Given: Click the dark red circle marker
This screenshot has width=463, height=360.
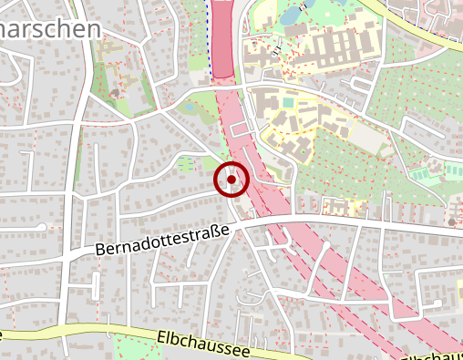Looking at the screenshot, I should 231,180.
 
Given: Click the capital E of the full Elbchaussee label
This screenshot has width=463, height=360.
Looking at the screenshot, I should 161,336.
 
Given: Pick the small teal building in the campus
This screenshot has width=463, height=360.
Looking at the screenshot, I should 289,102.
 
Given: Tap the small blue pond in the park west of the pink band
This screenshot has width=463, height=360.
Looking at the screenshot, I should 189,107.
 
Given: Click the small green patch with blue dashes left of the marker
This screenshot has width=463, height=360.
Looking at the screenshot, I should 186,164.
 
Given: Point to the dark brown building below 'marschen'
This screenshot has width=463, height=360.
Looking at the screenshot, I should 114,93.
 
